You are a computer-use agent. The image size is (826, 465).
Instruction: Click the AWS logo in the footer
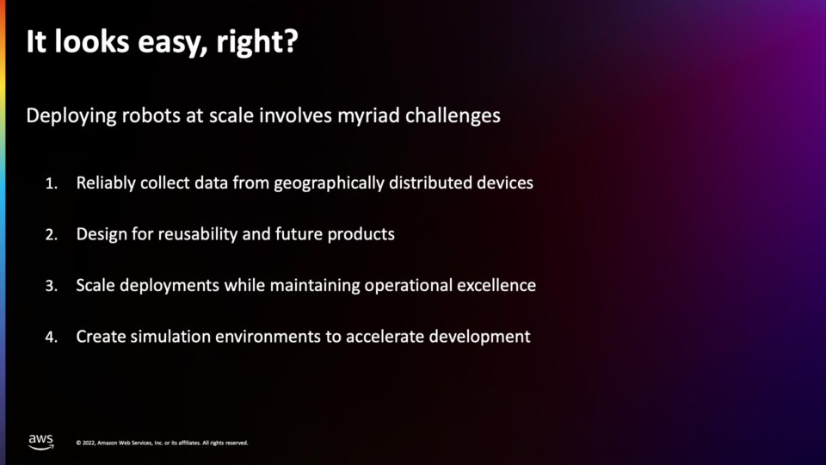(x=41, y=442)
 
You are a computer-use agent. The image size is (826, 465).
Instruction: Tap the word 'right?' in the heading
(x=257, y=42)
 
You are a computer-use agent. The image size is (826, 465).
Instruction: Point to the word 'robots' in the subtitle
(x=151, y=115)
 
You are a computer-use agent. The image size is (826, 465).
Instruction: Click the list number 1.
(x=51, y=183)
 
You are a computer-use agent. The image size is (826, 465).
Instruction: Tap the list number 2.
(x=51, y=234)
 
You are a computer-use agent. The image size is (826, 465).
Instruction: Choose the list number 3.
(x=51, y=286)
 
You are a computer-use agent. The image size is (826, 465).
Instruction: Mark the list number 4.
(x=51, y=337)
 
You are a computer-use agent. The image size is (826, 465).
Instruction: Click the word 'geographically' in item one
(x=330, y=183)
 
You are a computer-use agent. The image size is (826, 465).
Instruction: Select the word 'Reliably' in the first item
(x=106, y=183)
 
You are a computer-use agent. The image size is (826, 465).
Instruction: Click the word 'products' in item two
(x=361, y=234)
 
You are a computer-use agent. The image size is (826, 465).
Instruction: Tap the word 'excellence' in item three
(x=496, y=285)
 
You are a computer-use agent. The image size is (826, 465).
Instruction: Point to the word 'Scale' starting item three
(x=96, y=285)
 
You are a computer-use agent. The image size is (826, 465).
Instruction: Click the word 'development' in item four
(x=479, y=337)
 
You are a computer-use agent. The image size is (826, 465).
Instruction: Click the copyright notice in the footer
(x=163, y=443)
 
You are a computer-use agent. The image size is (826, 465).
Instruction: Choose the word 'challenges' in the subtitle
(x=453, y=116)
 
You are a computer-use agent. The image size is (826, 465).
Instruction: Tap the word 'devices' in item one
(x=505, y=183)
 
